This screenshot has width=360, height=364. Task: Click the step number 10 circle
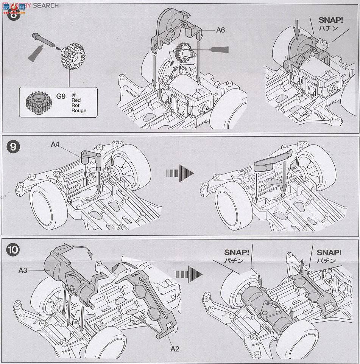click(x=13, y=250)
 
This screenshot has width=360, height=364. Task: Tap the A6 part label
click(x=220, y=30)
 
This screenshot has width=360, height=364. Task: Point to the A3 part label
click(x=24, y=271)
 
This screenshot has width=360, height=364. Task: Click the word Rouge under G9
click(x=79, y=110)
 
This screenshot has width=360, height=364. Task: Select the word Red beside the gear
click(x=76, y=100)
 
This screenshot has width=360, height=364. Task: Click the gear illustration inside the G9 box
click(x=39, y=102)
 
